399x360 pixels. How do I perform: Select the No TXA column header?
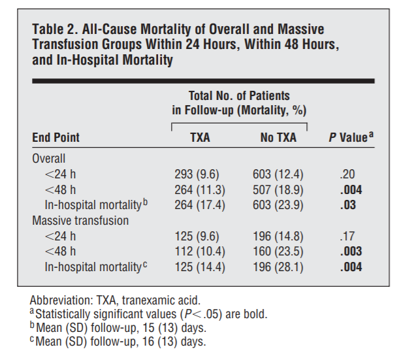[278, 138]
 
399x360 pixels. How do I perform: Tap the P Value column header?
[351, 137]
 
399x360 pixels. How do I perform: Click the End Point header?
[56, 138]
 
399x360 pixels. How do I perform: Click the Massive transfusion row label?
[80, 221]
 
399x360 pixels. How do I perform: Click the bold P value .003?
[350, 252]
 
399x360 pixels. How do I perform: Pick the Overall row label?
[49, 159]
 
